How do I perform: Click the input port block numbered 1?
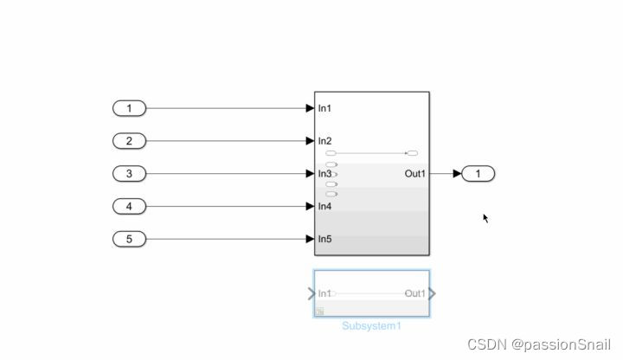pyautogui.click(x=130, y=108)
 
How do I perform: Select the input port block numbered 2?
pyautogui.click(x=130, y=141)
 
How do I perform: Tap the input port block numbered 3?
pyautogui.click(x=130, y=174)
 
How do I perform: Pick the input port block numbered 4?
pyautogui.click(x=130, y=206)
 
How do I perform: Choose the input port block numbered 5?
pyautogui.click(x=130, y=239)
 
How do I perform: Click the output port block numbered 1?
pyautogui.click(x=478, y=174)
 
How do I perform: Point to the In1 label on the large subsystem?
pyautogui.click(x=325, y=108)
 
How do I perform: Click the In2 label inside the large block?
pyautogui.click(x=325, y=141)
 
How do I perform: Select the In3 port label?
pyautogui.click(x=325, y=174)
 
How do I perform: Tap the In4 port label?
pyautogui.click(x=325, y=206)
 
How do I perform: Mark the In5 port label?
pyautogui.click(x=325, y=239)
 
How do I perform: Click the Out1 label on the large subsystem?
pyautogui.click(x=415, y=174)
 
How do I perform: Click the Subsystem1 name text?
pyautogui.click(x=372, y=326)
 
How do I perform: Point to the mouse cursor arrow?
pyautogui.click(x=485, y=218)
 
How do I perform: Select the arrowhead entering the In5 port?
pyautogui.click(x=310, y=239)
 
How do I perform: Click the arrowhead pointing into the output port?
pyautogui.click(x=458, y=174)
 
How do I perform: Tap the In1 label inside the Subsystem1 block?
pyautogui.click(x=325, y=293)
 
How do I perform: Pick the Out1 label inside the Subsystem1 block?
pyautogui.click(x=415, y=293)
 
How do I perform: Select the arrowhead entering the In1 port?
pyautogui.click(x=310, y=108)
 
